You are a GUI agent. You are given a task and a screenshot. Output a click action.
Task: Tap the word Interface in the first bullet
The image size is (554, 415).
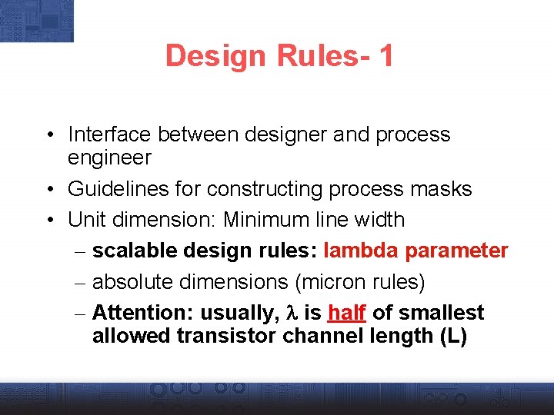coord(110,134)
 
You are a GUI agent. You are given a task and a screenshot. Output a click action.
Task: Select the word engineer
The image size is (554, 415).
coord(109,158)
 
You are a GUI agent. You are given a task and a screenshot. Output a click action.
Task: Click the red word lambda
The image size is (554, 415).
coord(362,251)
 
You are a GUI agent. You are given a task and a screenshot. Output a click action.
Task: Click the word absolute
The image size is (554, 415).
coord(132,283)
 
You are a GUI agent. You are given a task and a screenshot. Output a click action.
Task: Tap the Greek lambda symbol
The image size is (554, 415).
coord(291,314)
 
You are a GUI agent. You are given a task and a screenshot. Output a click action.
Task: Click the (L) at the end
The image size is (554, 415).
coord(452,337)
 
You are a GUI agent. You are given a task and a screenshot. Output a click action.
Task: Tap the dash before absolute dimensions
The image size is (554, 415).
coord(81,283)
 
